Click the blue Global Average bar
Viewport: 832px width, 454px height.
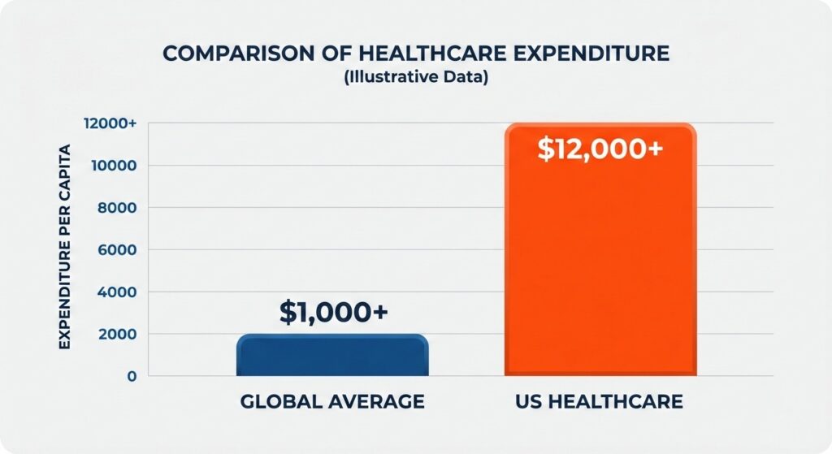pyautogui.click(x=332, y=356)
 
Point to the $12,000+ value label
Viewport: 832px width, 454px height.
pyautogui.click(x=600, y=149)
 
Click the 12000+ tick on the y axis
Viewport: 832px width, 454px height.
pyautogui.click(x=109, y=123)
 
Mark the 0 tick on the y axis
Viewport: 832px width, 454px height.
pyautogui.click(x=130, y=376)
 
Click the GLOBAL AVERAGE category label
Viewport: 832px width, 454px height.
pyautogui.click(x=332, y=402)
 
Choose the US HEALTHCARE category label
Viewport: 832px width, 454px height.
pyautogui.click(x=600, y=402)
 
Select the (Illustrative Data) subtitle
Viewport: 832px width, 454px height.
pyautogui.click(x=415, y=81)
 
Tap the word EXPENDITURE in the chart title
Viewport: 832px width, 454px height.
pyautogui.click(x=588, y=54)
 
